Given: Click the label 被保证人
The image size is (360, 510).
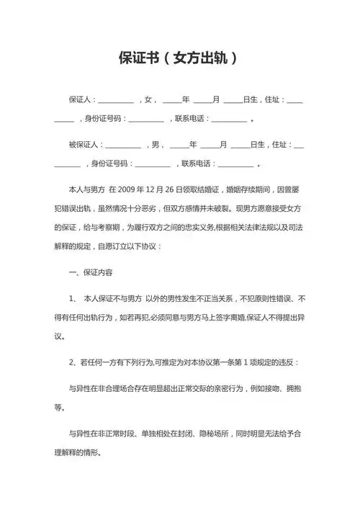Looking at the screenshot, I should click(85, 144).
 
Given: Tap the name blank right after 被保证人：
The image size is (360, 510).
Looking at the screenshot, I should click(123, 146).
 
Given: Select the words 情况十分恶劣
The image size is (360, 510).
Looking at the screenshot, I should click(140, 208).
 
